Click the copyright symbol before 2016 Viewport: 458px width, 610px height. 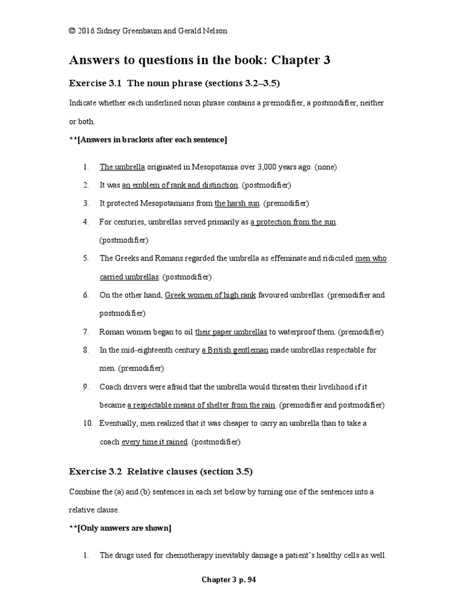pos(72,32)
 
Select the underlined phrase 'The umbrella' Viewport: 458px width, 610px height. pos(122,167)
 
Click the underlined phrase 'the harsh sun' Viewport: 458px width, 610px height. pos(237,203)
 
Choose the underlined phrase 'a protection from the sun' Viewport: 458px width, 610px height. pos(293,222)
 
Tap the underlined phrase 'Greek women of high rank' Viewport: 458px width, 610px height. pos(210,295)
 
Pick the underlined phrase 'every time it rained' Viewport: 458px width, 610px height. pos(155,441)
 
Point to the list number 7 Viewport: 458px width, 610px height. pos(86,331)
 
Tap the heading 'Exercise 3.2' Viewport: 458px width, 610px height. pos(95,471)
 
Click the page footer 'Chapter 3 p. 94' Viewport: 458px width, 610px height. pos(228,579)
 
